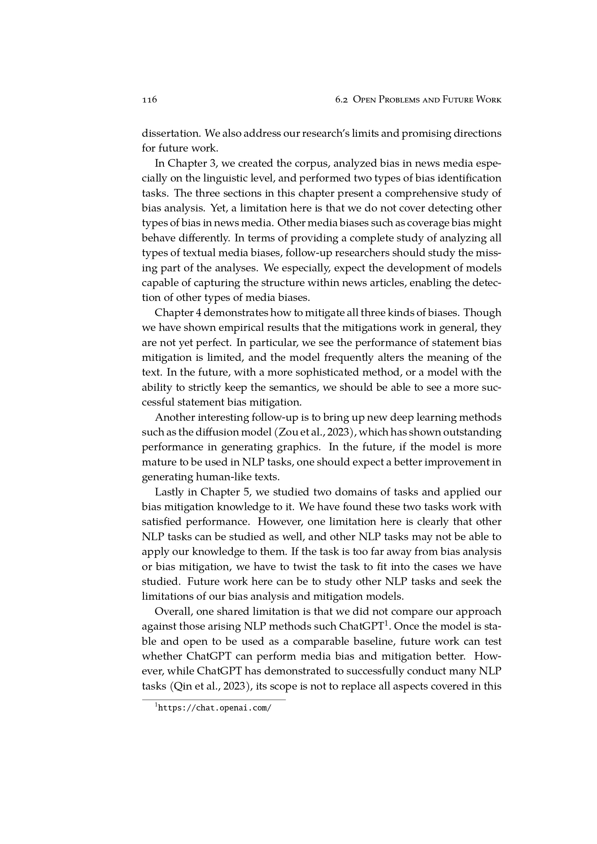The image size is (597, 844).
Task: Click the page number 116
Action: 149,100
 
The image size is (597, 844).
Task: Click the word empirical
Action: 216,328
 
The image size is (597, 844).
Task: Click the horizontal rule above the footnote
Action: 214,700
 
